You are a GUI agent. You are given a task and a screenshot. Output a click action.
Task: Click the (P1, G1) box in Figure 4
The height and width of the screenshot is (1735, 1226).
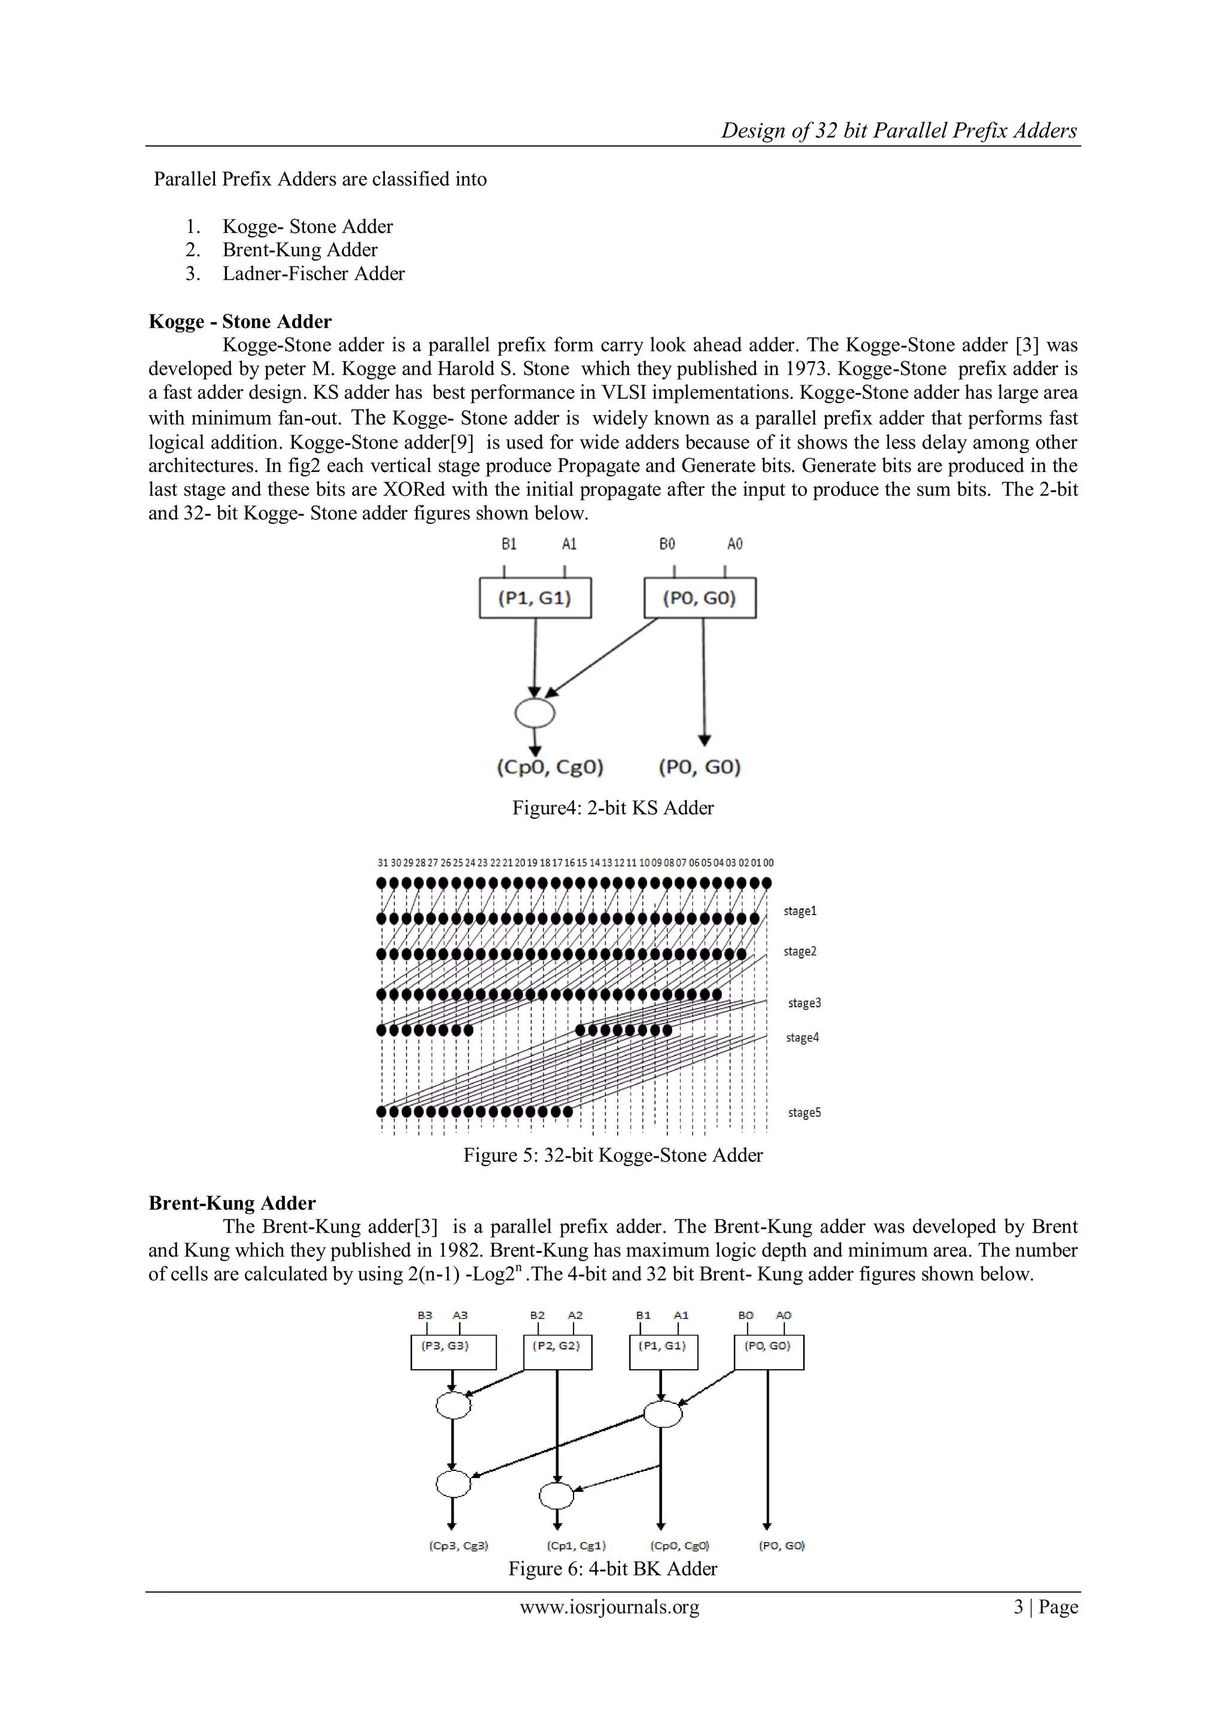coord(535,598)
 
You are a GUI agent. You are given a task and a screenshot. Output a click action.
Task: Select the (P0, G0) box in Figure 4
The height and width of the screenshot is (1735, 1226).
coord(699,598)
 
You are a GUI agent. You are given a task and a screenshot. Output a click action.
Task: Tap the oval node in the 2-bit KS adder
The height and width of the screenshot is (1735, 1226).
coord(535,713)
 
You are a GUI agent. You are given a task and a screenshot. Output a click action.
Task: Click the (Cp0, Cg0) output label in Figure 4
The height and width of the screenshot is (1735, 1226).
coord(550,768)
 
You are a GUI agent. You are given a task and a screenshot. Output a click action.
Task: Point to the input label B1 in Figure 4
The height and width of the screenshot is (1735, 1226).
coord(509,544)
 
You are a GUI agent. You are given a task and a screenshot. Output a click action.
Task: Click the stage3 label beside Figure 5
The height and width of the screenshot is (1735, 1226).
coord(805,1003)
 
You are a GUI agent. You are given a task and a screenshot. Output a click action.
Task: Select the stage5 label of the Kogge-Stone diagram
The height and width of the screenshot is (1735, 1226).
coord(805,1112)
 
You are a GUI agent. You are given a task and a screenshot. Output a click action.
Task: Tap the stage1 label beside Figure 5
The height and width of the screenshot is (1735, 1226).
coord(800,910)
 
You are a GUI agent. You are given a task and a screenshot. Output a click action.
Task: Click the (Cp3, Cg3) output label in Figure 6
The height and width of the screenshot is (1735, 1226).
coord(459,1545)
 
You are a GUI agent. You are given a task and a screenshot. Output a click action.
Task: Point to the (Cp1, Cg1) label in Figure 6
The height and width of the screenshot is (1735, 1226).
coord(576,1545)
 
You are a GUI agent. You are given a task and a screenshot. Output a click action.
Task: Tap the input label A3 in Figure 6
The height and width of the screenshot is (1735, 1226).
coord(460,1315)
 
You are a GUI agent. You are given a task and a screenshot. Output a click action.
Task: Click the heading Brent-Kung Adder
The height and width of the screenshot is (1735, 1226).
coord(232,1203)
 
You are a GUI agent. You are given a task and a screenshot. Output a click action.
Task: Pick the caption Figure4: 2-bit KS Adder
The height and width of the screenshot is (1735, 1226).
coord(612,808)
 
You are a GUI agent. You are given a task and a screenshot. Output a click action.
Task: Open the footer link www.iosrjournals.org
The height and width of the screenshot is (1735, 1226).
coord(609,1607)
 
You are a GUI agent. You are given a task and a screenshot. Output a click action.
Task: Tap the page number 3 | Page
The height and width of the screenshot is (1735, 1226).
coord(1045,1607)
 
